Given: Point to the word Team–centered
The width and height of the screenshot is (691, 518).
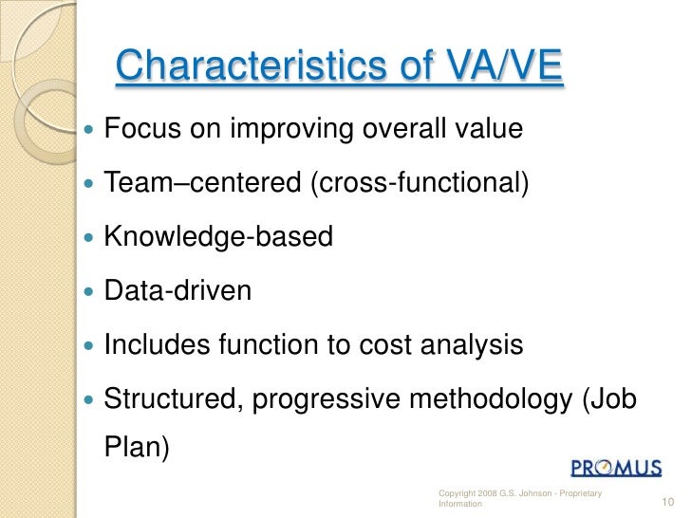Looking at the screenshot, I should [x=202, y=181].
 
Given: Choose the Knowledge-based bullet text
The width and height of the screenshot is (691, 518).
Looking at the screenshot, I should [x=217, y=235].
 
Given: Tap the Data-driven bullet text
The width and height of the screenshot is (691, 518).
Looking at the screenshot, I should [x=177, y=289].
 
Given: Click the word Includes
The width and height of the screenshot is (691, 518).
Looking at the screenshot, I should [x=157, y=344].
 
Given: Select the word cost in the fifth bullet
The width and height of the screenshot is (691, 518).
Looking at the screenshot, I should [x=383, y=344].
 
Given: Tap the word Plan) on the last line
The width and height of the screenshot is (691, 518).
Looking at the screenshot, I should [x=136, y=446].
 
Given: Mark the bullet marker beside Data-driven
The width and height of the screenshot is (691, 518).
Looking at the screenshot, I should [x=89, y=290].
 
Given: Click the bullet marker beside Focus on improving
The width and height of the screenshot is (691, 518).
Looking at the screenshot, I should [x=89, y=127].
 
